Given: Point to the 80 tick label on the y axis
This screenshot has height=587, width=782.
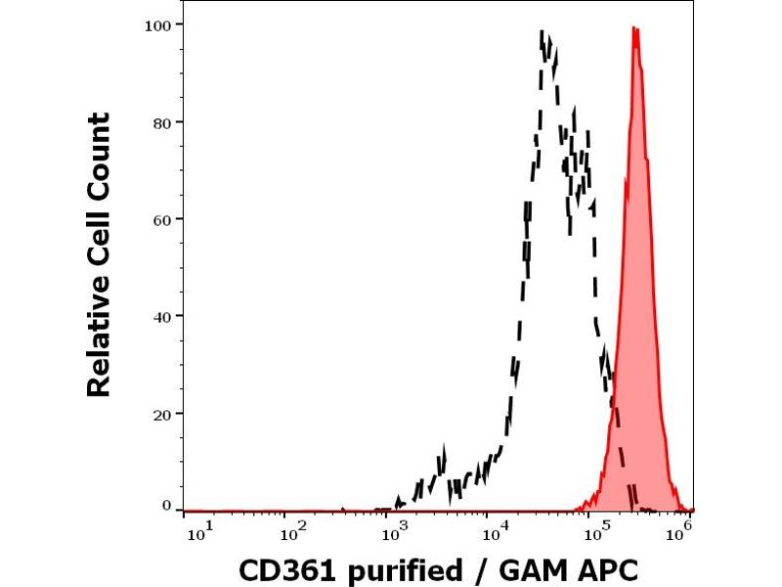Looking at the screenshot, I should point(163,122).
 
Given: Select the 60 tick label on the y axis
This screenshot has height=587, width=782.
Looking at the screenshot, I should point(163,219).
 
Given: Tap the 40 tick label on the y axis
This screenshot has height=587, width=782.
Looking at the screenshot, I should point(163,316).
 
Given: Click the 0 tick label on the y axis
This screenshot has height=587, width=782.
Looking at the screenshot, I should point(167,505).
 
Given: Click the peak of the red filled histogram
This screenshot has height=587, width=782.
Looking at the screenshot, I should point(635,28).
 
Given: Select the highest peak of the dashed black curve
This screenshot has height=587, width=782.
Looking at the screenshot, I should point(543,32).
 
